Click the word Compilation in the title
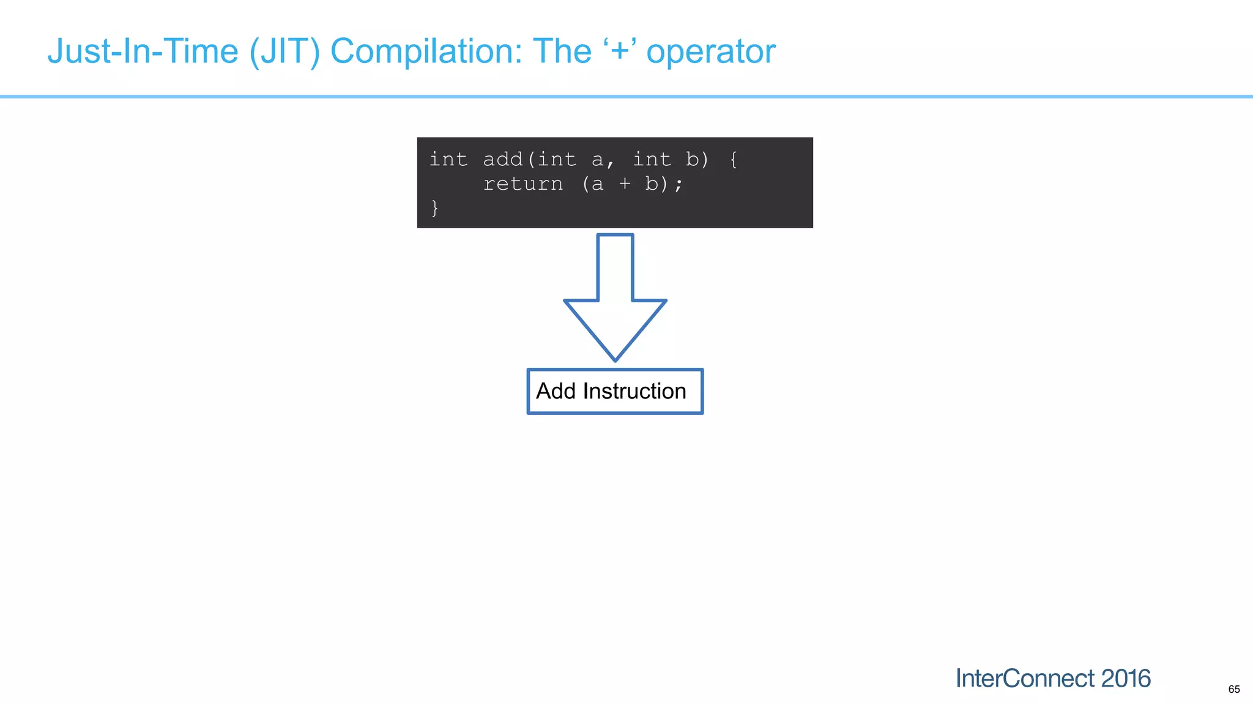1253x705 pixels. tap(426, 51)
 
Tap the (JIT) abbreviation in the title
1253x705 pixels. tap(284, 51)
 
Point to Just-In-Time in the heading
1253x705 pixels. tap(143, 51)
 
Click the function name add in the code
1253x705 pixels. tap(503, 160)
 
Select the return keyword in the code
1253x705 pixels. tap(523, 184)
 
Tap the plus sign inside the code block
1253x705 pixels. tap(625, 184)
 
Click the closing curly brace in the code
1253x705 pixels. tap(434, 208)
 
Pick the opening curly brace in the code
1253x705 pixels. tap(734, 160)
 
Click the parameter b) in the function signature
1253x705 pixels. tap(697, 160)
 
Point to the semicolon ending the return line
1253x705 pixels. tap(679, 184)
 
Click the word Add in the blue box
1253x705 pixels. tap(556, 391)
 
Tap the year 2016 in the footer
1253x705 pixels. tap(1126, 679)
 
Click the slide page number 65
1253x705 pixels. tap(1234, 690)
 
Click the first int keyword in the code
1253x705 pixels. tap(448, 160)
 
